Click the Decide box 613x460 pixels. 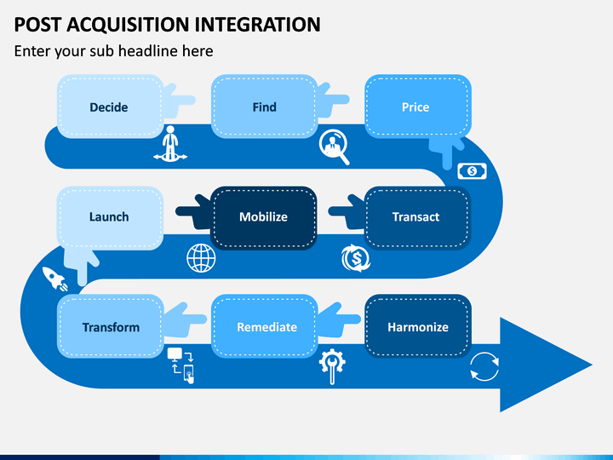[x=110, y=106]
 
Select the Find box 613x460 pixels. [x=264, y=106]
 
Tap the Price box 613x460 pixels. [x=418, y=106]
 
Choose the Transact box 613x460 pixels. [x=418, y=218]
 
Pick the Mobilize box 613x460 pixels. [x=264, y=218]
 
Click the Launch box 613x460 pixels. [x=110, y=218]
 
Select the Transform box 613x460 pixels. [x=110, y=326]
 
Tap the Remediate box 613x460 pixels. [x=264, y=326]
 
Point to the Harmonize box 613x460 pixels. [x=418, y=326]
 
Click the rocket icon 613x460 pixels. [x=54, y=279]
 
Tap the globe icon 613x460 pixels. [x=201, y=258]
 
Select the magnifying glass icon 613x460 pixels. [x=334, y=147]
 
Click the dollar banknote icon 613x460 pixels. [x=472, y=171]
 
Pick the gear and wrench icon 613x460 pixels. [x=332, y=365]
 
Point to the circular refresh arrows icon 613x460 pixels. [x=484, y=366]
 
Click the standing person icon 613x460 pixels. [x=170, y=144]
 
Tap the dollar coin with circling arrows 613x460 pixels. [x=356, y=258]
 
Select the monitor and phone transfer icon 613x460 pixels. [x=180, y=365]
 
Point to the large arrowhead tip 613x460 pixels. [x=592, y=365]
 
